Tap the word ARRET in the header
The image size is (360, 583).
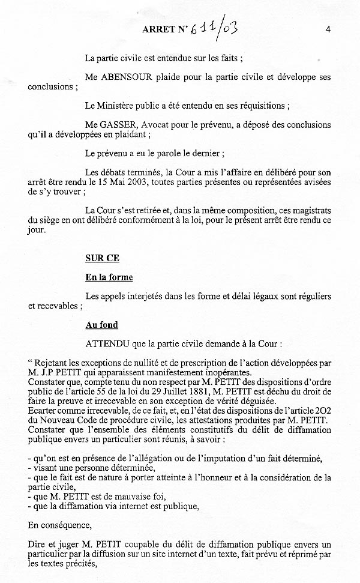click(x=160, y=29)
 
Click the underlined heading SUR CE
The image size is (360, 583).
click(x=102, y=258)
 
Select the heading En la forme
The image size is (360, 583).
click(x=109, y=277)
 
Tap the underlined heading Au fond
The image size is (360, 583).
click(x=101, y=325)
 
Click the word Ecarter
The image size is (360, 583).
click(x=43, y=411)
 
